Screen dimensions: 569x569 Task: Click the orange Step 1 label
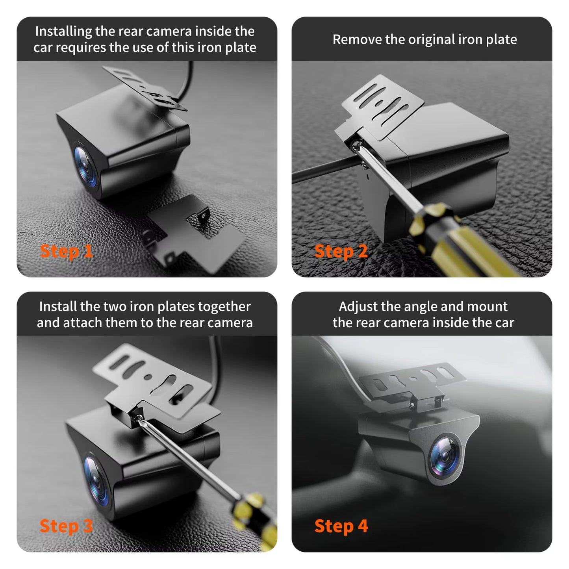coord(66,251)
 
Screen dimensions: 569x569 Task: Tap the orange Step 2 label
coord(341,251)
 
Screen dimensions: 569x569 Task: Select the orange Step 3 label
coord(66,526)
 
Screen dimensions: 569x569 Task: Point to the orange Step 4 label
coord(341,526)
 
